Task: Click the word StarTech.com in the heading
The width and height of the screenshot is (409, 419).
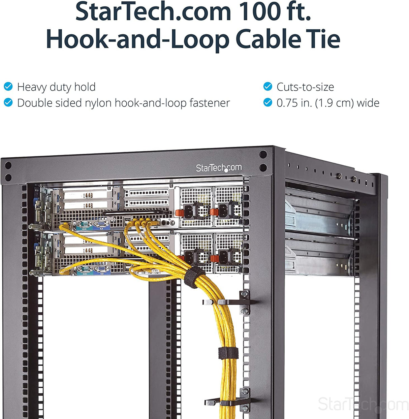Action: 153,11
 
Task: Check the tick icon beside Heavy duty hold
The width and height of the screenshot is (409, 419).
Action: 8,87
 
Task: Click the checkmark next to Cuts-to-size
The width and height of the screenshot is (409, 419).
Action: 268,87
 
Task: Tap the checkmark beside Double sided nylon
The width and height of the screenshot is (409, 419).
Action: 8,102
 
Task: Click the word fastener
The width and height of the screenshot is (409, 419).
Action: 210,103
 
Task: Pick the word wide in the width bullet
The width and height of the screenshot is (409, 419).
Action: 368,103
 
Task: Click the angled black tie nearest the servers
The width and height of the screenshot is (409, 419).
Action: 194,277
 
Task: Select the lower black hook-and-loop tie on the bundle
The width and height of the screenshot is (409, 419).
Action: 228,353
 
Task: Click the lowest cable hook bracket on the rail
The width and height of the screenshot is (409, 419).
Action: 228,401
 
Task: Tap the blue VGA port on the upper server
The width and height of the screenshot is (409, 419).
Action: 101,224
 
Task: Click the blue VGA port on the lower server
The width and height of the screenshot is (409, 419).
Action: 101,269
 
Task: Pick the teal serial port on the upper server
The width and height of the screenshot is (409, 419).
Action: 84,224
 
